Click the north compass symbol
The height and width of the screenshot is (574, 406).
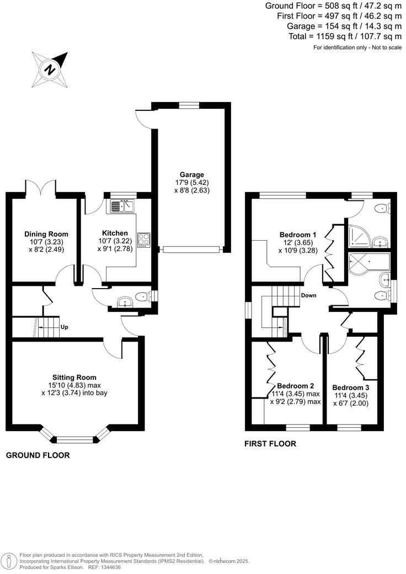coord(50,69)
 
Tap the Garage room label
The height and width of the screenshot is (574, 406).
coord(191,174)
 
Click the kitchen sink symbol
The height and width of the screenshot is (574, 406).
coord(123,206)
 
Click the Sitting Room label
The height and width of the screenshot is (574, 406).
coord(78,377)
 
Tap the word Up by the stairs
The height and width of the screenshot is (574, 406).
coord(65,327)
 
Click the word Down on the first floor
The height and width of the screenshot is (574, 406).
coord(308,295)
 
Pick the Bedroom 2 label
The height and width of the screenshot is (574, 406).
coord(296,386)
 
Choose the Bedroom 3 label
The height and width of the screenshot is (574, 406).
coord(351,387)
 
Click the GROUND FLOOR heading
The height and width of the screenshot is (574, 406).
coord(38,455)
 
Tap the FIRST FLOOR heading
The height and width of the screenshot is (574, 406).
coord(270,443)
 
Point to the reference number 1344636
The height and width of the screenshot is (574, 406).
coord(109,567)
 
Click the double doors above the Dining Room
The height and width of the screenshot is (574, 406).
coord(41,186)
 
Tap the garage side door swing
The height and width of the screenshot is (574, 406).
coord(144,118)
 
